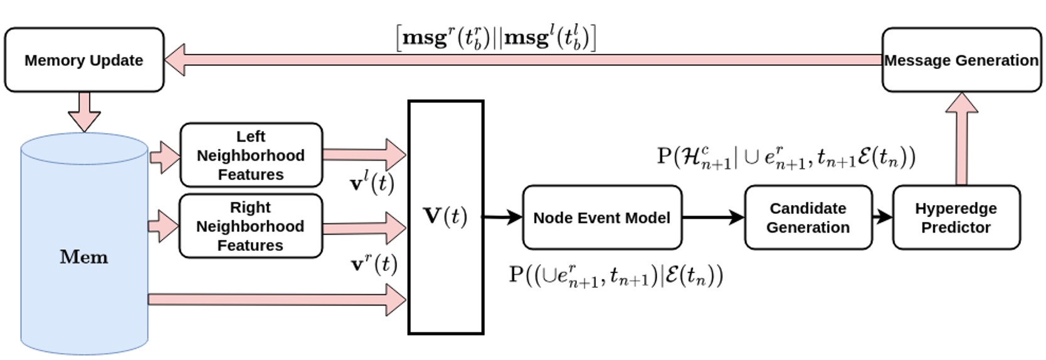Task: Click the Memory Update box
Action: click(x=84, y=60)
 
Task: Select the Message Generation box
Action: click(x=961, y=60)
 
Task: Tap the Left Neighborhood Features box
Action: click(x=251, y=155)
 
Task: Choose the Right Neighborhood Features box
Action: click(x=250, y=226)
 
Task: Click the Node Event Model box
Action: click(x=601, y=218)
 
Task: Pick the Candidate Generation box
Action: click(x=808, y=218)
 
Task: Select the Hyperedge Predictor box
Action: click(x=956, y=218)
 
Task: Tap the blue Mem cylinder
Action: click(x=84, y=257)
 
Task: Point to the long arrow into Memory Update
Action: click(x=520, y=60)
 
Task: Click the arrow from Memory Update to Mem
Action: click(x=84, y=111)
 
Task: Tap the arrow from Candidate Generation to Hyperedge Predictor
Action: click(x=882, y=217)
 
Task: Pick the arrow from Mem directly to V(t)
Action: click(x=276, y=299)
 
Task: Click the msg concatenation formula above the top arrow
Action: click(x=495, y=38)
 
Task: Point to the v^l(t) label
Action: click(x=372, y=183)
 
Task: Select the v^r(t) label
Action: click(x=374, y=264)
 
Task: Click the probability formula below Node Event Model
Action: click(x=616, y=275)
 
